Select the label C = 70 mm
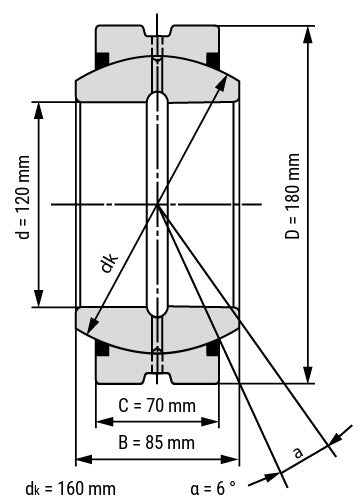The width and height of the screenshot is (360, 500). tap(157, 407)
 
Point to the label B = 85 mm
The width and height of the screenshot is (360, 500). tap(157, 441)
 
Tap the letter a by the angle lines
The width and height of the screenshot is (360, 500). tap(297, 451)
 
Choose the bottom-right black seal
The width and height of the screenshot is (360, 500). tap(213, 349)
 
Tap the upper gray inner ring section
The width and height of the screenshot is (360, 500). tap(157, 78)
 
